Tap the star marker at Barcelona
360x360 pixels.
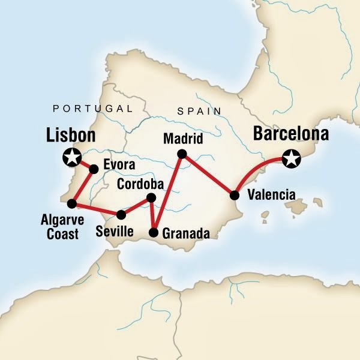tap(292, 159)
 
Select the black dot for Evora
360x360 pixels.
tap(94, 169)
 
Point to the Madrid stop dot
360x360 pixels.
tap(181, 154)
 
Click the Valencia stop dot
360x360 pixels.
tap(235, 195)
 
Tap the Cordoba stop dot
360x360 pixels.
tap(151, 197)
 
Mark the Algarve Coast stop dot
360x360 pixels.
tap(71, 203)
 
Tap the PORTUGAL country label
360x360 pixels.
tap(92, 109)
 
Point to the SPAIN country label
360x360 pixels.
tap(199, 111)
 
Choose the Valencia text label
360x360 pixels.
tap(271, 194)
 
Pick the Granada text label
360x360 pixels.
tap(185, 233)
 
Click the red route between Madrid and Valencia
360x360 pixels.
tap(208, 175)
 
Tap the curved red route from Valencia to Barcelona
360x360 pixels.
tap(255, 167)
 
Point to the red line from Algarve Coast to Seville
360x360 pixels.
tap(96, 209)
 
